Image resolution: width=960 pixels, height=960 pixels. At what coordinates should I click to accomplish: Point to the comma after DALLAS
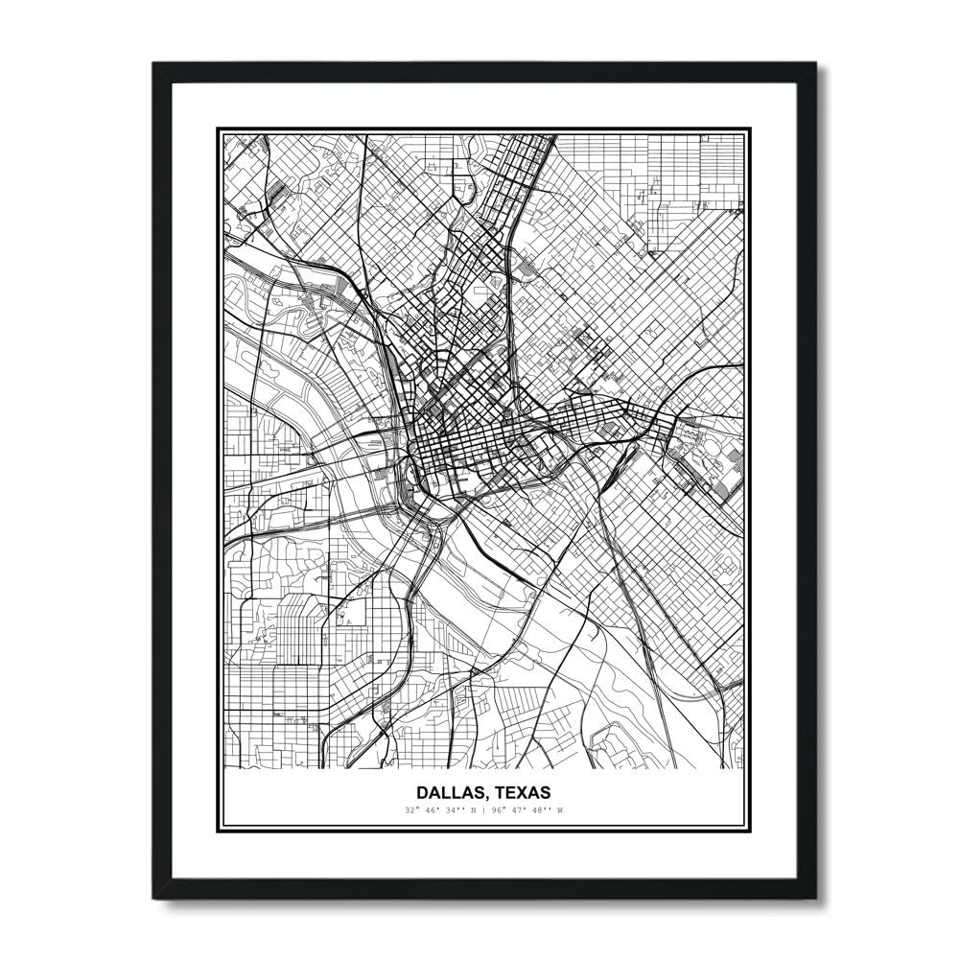click(482, 798)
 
